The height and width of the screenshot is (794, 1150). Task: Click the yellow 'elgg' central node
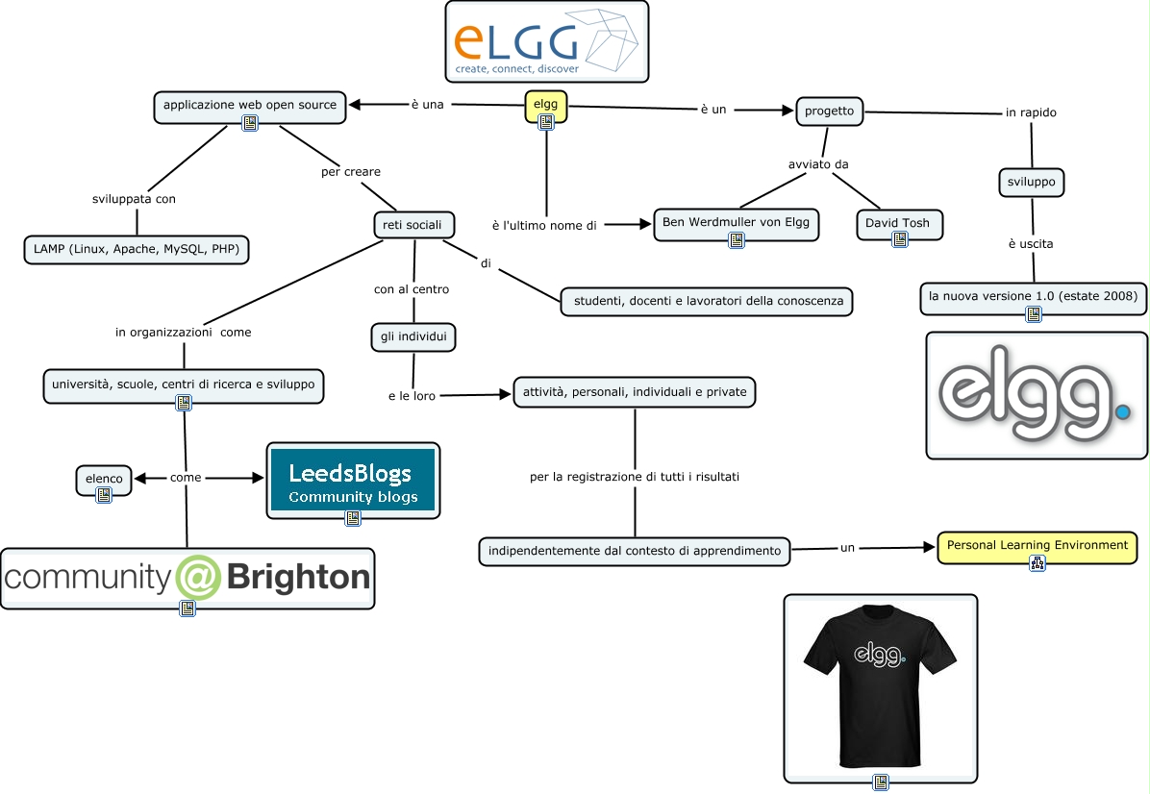(x=545, y=104)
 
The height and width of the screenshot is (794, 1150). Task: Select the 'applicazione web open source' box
(x=250, y=105)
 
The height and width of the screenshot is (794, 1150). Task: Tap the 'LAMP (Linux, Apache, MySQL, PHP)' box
(x=136, y=250)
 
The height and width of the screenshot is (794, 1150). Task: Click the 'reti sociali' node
(x=413, y=225)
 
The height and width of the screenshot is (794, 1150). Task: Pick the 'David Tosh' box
(x=899, y=224)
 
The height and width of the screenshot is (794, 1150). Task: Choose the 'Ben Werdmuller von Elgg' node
(x=736, y=223)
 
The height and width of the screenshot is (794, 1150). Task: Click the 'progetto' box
(x=829, y=111)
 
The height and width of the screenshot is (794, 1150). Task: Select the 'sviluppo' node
(x=1032, y=182)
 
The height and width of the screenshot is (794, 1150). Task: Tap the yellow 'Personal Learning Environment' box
(x=1037, y=545)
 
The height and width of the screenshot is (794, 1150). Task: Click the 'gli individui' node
(x=412, y=337)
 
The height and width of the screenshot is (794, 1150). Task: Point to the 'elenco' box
(x=104, y=479)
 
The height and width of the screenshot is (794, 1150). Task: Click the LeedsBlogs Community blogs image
(x=352, y=479)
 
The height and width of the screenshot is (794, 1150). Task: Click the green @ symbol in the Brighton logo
(x=198, y=577)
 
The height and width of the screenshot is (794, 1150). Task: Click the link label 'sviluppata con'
(x=133, y=200)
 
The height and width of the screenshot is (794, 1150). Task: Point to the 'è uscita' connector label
(x=1031, y=244)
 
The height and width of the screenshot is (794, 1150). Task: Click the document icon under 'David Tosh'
(x=899, y=239)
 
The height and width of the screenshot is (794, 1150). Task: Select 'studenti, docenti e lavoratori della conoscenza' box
(x=708, y=301)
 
